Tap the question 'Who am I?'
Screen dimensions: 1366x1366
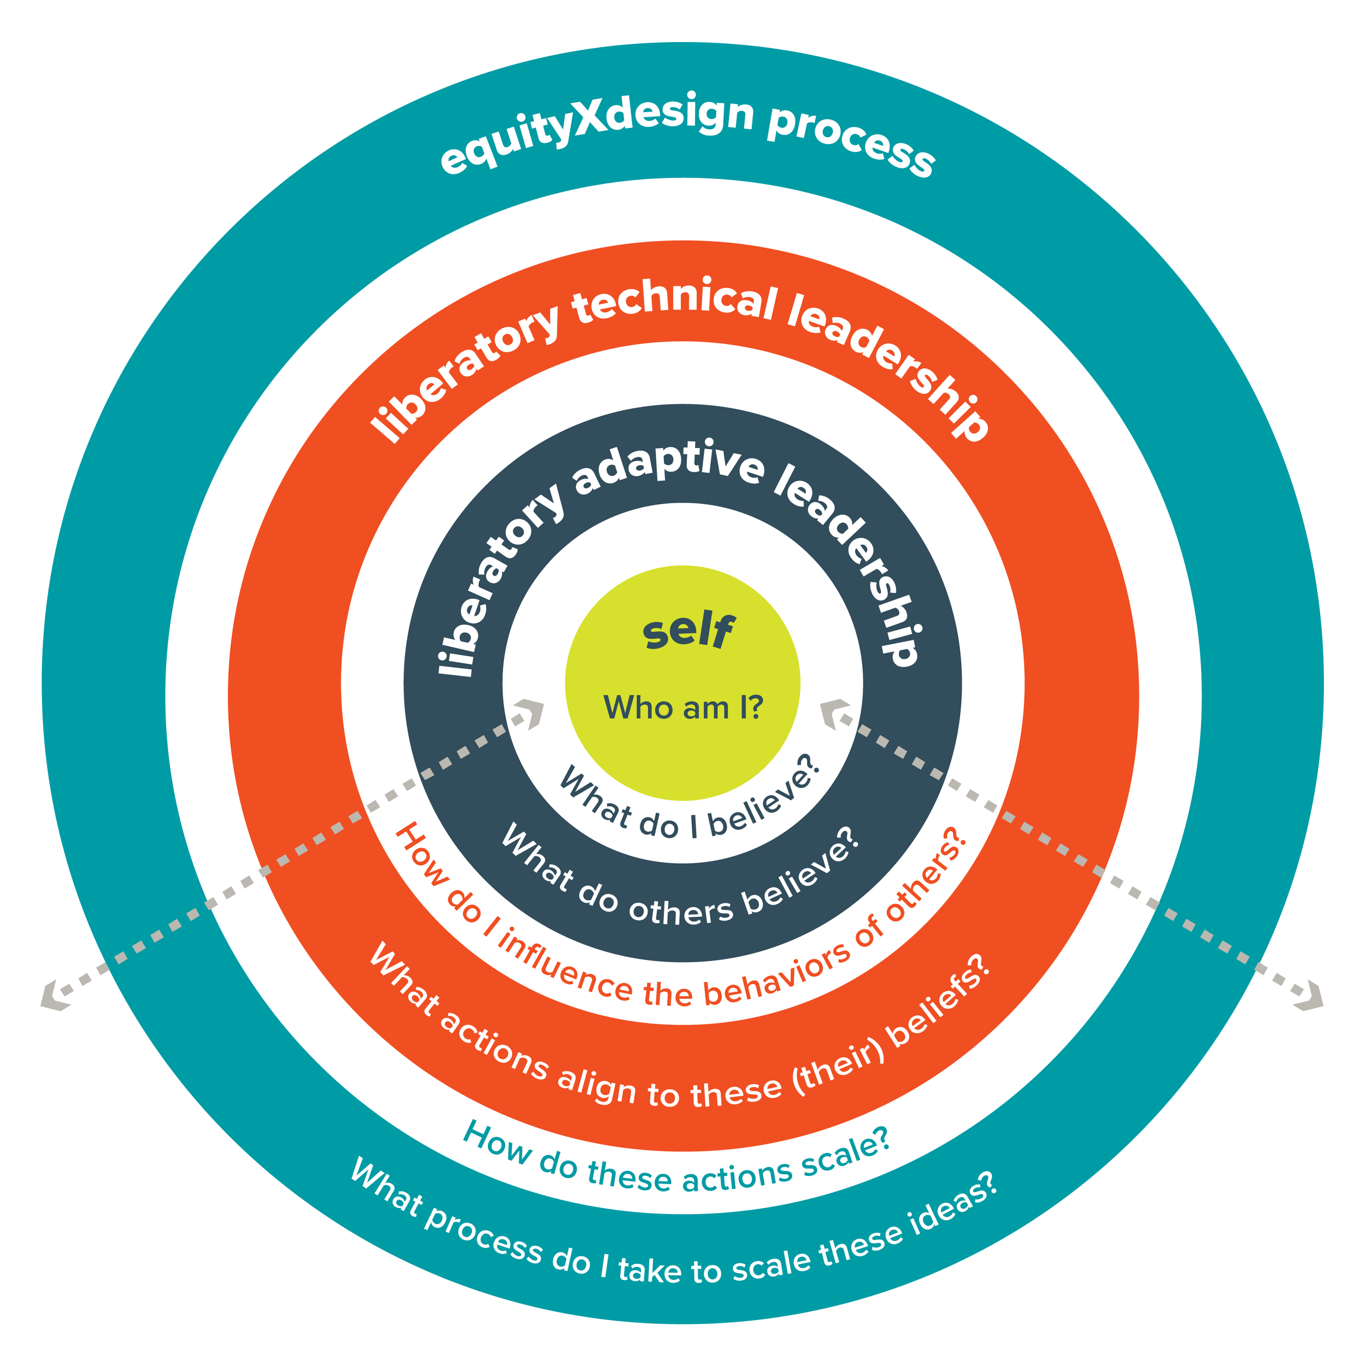683,708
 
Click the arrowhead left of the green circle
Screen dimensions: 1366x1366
529,713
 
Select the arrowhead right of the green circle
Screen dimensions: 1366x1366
835,713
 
